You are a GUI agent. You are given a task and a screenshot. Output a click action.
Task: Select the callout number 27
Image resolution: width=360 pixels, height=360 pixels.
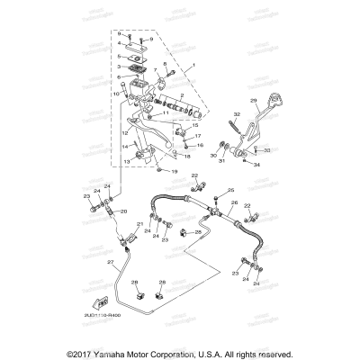[110, 262]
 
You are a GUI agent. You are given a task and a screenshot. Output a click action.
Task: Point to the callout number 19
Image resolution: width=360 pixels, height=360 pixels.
[175, 171]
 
